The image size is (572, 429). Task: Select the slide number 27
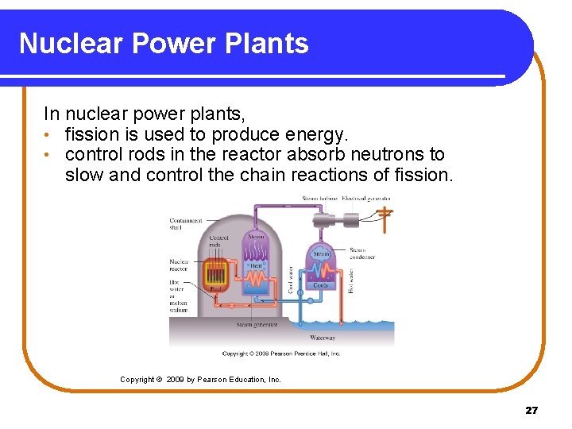531,410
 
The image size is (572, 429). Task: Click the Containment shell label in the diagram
186,224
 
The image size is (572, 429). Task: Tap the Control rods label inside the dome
219,242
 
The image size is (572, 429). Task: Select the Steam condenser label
362,253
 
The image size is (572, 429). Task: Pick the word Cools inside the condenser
321,284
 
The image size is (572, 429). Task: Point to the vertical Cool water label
291,280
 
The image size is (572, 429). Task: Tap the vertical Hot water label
350,280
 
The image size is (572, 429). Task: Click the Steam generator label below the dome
257,324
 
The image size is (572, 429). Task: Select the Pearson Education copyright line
200,380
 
